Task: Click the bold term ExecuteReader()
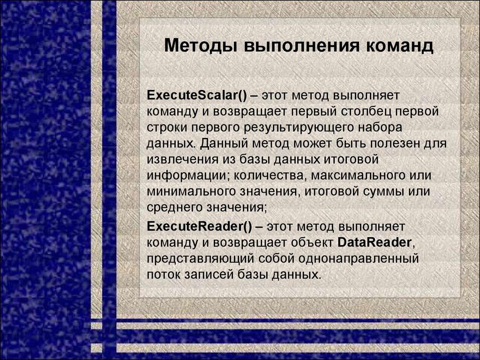click(x=200, y=226)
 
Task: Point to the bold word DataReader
click(x=375, y=242)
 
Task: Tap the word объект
click(x=310, y=242)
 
